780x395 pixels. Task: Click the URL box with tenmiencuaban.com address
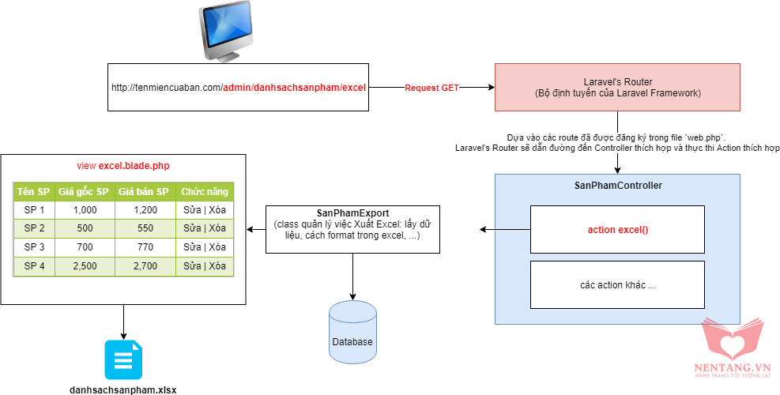(x=238, y=87)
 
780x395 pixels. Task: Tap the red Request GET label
(x=431, y=87)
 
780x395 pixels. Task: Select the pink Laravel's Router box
(x=616, y=87)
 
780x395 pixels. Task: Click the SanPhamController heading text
(x=617, y=185)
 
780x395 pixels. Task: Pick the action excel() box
(x=616, y=230)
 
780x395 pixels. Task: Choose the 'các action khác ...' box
(x=616, y=284)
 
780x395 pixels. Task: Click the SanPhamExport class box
(x=352, y=230)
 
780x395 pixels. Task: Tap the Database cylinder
(x=352, y=329)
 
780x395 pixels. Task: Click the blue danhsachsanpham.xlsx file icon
(x=123, y=359)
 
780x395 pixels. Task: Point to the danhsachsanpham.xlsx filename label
(x=123, y=389)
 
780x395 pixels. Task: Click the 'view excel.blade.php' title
(x=122, y=166)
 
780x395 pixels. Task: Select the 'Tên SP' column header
(x=33, y=192)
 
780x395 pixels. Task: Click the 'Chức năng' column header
(x=204, y=192)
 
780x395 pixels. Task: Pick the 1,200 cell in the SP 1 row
(x=145, y=210)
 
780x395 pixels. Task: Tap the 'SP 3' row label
(x=34, y=247)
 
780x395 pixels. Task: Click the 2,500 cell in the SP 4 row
(x=84, y=266)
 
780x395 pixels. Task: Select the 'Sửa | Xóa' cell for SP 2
(x=204, y=228)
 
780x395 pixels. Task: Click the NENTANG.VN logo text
(x=731, y=367)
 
